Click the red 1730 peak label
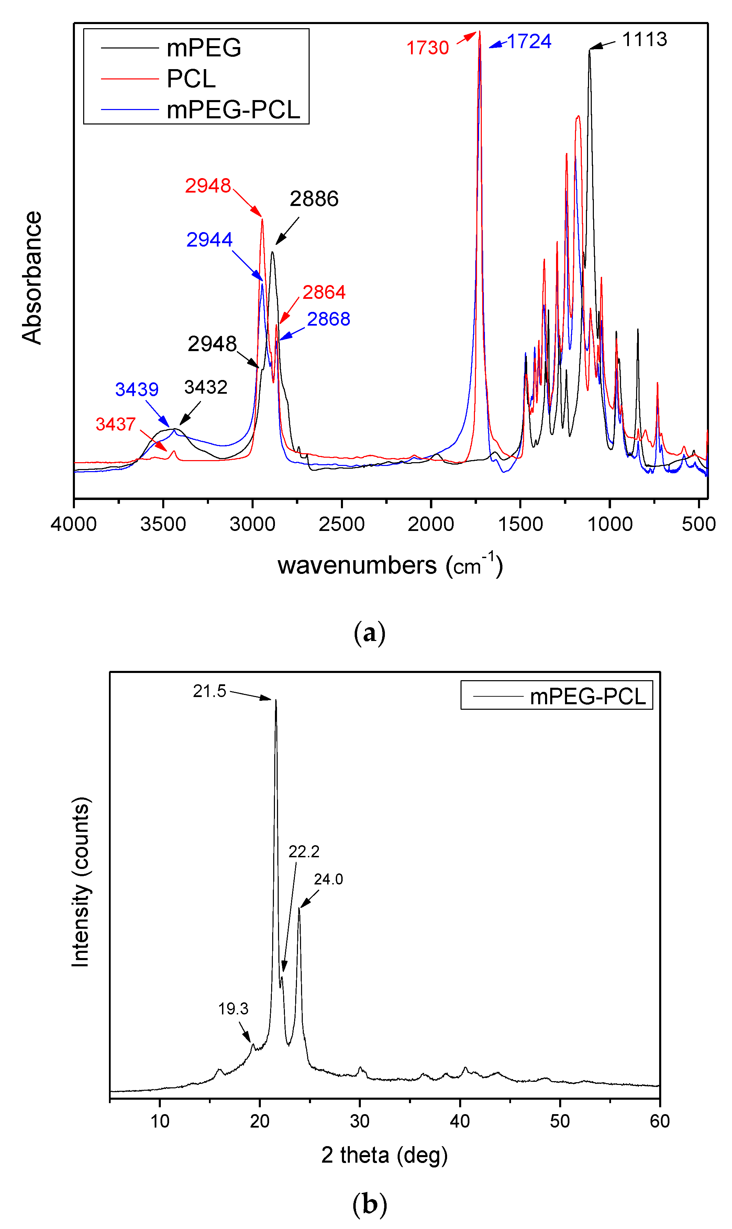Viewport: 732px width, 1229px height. [427, 48]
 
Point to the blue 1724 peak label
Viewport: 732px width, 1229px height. [529, 42]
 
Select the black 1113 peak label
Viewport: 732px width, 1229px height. [644, 40]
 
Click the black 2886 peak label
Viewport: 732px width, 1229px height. [314, 199]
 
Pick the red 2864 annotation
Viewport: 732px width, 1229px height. [324, 292]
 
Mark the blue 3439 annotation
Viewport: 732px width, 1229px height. [137, 389]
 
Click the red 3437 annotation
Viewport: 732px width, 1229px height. [115, 424]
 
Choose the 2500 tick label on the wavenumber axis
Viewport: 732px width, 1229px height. [341, 524]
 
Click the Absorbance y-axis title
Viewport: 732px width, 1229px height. [32, 278]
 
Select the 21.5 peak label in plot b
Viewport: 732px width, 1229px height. [209, 691]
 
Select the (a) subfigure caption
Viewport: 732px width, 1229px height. [369, 633]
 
